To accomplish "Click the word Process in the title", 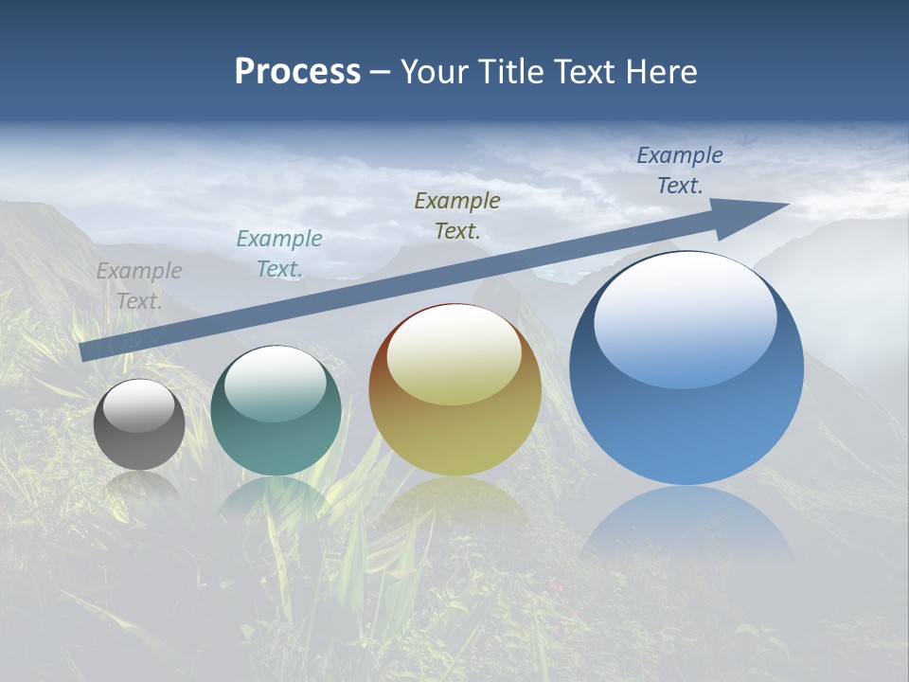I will (x=297, y=72).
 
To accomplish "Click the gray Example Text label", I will (x=139, y=286).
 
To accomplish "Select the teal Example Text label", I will (x=279, y=254).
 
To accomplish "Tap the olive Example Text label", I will (x=457, y=215).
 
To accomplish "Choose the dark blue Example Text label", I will (x=679, y=170).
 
